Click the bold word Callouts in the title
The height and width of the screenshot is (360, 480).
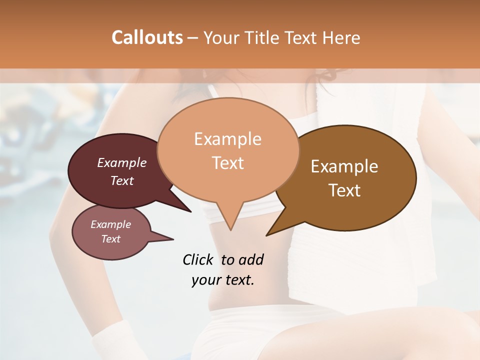147,37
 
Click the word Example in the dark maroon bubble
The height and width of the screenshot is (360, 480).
122,162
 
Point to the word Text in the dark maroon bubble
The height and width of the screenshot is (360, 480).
122,180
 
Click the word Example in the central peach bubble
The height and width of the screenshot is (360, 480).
227,139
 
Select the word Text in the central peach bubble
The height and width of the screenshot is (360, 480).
227,163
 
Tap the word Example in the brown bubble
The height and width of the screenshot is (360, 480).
344,166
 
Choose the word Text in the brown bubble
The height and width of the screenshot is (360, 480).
344,190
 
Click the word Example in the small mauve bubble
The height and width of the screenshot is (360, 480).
110,224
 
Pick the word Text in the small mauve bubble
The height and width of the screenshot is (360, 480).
110,239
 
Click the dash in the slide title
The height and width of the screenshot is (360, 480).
193,38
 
